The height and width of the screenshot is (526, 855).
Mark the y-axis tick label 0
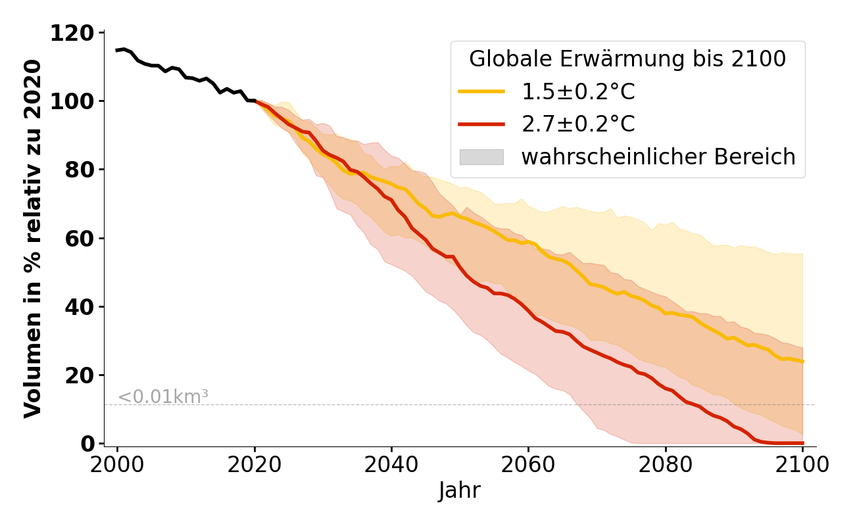click(87, 444)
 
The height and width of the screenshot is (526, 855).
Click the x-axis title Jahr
click(460, 490)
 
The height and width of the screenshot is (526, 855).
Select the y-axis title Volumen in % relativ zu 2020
click(33, 238)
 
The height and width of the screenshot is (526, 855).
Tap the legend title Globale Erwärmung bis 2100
click(627, 59)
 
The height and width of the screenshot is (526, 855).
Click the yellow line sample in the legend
click(481, 92)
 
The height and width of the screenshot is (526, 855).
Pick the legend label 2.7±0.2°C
click(578, 124)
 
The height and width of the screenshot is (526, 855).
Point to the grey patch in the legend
click(481, 157)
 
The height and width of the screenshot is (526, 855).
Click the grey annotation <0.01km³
click(163, 396)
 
